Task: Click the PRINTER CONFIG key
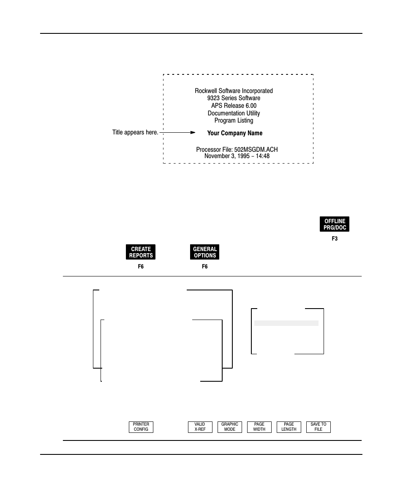coord(141,427)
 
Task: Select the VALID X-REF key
coord(200,427)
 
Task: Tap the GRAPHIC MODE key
coord(230,427)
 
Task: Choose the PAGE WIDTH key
coord(259,427)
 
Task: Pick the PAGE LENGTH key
coord(289,427)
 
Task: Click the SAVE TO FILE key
coord(319,427)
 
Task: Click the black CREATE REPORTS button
coord(141,252)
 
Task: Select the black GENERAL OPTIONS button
coord(205,252)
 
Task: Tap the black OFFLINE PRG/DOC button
coord(335,224)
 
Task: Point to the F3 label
coord(335,239)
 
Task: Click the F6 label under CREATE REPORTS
coord(141,267)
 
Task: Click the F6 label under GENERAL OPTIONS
coord(205,267)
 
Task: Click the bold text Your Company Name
coord(234,133)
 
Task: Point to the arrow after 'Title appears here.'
coord(177,132)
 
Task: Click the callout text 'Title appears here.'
coord(135,132)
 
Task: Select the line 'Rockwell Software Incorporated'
coord(234,91)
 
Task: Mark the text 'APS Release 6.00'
coord(234,106)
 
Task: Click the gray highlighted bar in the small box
coord(286,323)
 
